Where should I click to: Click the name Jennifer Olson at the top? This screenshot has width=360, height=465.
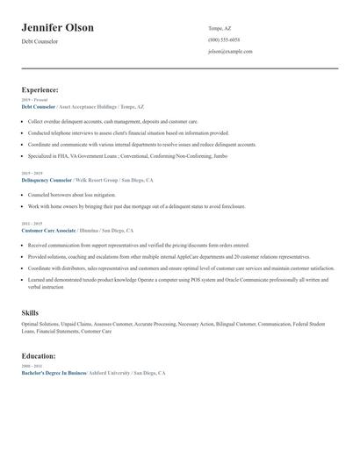[x=57, y=28]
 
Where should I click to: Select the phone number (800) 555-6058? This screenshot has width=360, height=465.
[x=224, y=40]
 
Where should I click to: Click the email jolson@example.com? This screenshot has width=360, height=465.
[x=230, y=52]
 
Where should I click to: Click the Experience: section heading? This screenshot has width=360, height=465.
[x=40, y=89]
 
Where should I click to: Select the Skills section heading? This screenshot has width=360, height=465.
[x=30, y=312]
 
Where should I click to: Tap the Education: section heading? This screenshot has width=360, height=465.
[x=39, y=356]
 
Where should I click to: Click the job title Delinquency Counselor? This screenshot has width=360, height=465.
[x=49, y=180]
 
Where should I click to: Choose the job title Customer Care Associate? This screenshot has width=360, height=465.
[x=48, y=230]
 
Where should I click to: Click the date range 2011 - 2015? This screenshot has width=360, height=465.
[x=30, y=224]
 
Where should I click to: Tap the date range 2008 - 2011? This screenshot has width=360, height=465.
[x=30, y=367]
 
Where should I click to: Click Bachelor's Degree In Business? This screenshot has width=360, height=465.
[x=54, y=373]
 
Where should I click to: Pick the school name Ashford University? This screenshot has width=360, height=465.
[x=109, y=373]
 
